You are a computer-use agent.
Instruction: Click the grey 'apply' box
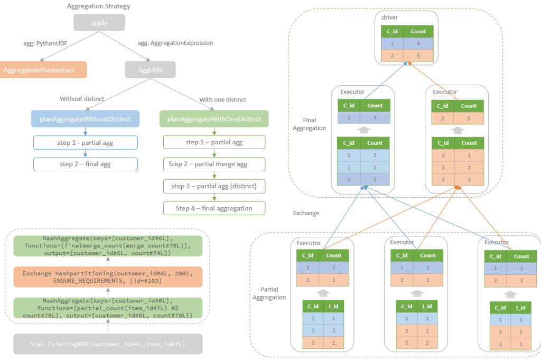[99, 23]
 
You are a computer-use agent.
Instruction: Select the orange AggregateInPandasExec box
[43, 70]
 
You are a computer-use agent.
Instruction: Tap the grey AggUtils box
[150, 70]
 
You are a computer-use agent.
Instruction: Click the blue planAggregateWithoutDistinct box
[85, 119]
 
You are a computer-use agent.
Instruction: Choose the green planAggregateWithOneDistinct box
[214, 119]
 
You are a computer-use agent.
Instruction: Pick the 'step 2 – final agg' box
[85, 164]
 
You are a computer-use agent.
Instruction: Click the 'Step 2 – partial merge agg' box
[214, 164]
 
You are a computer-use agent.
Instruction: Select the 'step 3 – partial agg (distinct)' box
[214, 186]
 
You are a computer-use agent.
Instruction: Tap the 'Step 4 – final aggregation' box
[214, 208]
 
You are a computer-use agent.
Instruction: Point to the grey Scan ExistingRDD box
[108, 344]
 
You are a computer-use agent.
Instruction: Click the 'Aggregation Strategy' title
[99, 6]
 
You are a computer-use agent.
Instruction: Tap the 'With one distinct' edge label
[222, 99]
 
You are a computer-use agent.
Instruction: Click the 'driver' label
[389, 17]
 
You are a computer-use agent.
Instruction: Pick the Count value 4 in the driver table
[418, 43]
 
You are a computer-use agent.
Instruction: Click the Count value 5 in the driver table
[418, 56]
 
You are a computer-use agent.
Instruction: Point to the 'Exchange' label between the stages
[306, 214]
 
